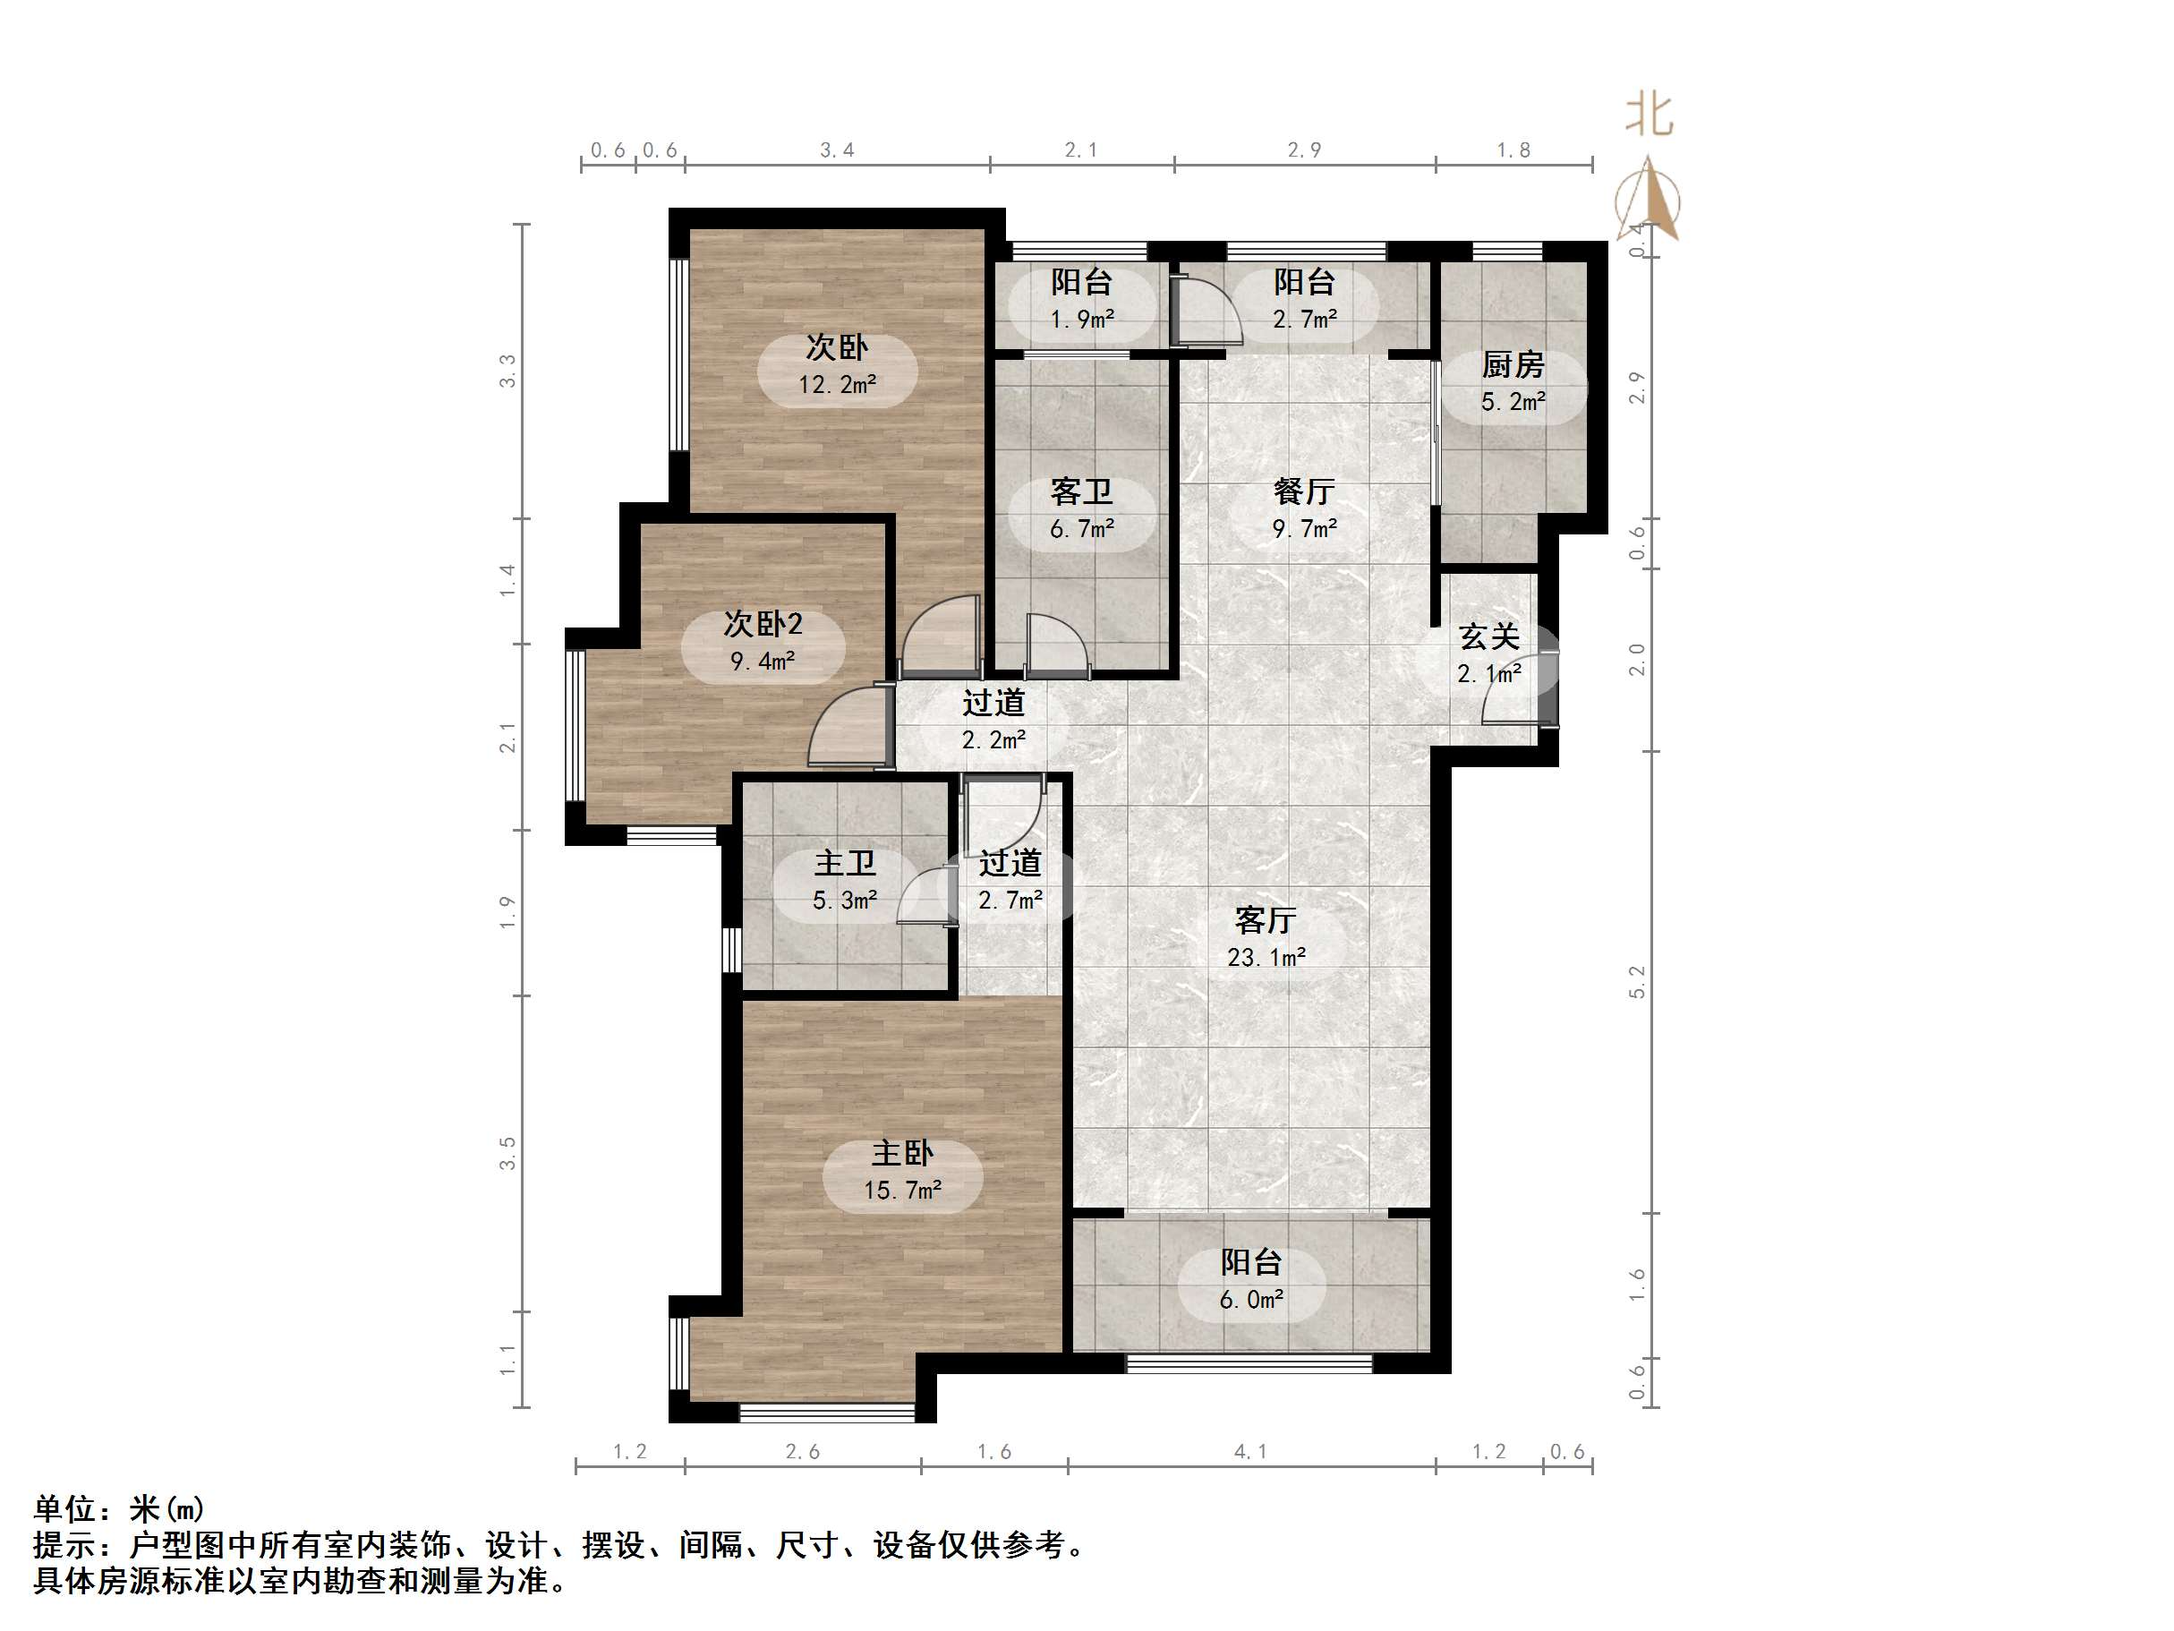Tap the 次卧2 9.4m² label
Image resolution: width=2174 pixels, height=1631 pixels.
click(763, 642)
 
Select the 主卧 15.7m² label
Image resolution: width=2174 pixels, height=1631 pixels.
click(902, 1171)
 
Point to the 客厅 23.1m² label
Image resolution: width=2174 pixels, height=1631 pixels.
click(1266, 938)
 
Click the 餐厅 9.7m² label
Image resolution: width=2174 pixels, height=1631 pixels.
click(1304, 509)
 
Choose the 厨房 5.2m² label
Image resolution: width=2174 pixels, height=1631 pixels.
click(1513, 383)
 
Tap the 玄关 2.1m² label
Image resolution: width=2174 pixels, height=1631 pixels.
click(1489, 654)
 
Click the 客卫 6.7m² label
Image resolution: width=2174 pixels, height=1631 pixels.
click(1081, 509)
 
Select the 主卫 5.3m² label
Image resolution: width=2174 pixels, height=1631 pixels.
click(844, 881)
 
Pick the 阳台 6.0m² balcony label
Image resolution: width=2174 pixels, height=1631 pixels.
click(1251, 1280)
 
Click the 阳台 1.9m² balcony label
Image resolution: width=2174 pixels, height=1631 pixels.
click(1081, 300)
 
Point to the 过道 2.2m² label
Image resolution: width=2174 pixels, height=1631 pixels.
click(993, 721)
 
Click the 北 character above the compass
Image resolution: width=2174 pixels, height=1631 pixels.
click(1650, 115)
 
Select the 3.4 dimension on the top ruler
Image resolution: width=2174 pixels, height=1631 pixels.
click(838, 150)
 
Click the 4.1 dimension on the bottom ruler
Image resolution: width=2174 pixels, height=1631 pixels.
click(1250, 1452)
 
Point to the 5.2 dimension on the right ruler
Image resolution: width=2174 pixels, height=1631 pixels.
click(1636, 982)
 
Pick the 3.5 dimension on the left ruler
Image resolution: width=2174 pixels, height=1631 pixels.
click(507, 1153)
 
